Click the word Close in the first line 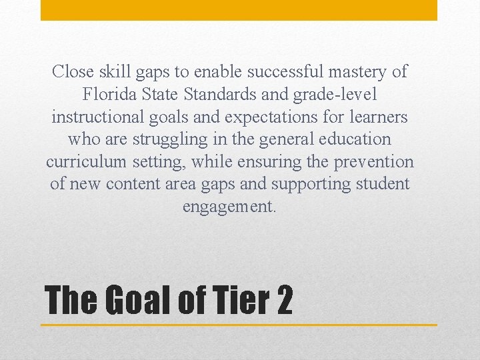pos(73,71)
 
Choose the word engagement pos(229,207)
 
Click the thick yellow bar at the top pos(239,10)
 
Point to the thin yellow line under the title pos(239,325)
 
